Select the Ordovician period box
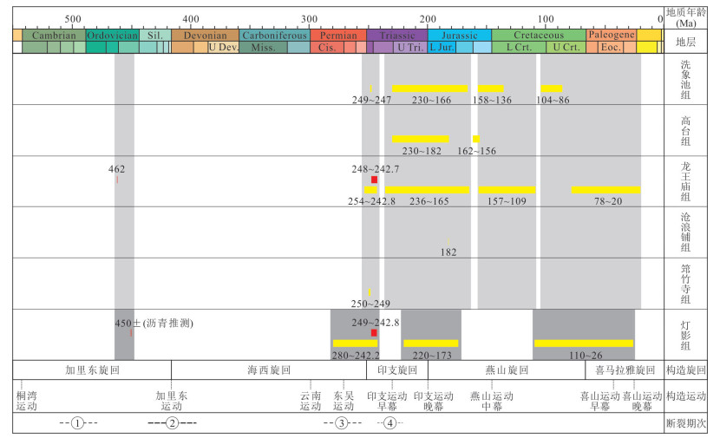(x=111, y=36)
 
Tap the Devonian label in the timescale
(x=205, y=36)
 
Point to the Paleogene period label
(x=612, y=36)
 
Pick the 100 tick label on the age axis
(x=545, y=18)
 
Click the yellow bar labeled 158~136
(x=491, y=88)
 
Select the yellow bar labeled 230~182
(x=421, y=139)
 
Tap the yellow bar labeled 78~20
(x=605, y=190)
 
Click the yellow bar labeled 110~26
(x=584, y=343)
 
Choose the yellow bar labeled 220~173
(x=431, y=343)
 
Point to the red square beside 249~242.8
(x=374, y=333)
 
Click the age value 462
(x=117, y=169)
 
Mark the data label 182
(x=448, y=252)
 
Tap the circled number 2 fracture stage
(x=173, y=423)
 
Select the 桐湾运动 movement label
(x=27, y=400)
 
